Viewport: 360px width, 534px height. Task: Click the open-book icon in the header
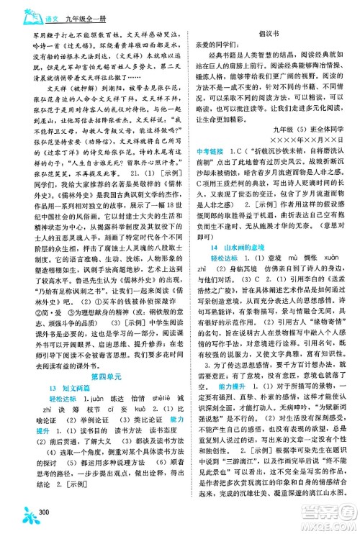tap(17, 9)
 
